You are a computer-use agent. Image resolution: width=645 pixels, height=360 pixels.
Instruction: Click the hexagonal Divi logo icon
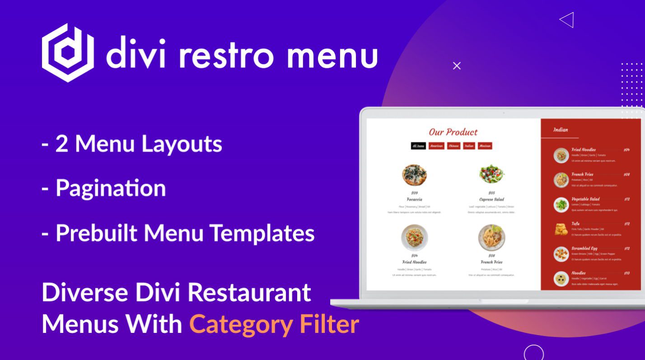point(68,53)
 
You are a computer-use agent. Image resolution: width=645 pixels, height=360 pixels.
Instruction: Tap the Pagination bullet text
point(110,188)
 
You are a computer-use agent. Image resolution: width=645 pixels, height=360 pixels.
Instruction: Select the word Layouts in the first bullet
point(182,144)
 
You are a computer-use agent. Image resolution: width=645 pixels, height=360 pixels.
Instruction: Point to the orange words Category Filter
point(274,324)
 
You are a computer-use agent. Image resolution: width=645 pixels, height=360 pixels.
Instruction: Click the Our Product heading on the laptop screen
point(453,132)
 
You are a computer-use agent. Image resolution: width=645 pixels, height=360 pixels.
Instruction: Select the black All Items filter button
point(418,146)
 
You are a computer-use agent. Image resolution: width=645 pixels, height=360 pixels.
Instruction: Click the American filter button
point(436,146)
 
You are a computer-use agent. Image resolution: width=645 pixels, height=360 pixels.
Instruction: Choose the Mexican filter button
point(485,146)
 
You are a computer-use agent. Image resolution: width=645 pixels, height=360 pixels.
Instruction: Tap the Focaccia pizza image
point(414,175)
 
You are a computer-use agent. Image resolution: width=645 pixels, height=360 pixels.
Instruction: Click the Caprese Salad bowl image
point(491,174)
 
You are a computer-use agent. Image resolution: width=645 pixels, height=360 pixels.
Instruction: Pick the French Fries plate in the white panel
point(491,237)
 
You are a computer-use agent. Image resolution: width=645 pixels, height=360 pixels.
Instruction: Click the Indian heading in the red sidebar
point(561,130)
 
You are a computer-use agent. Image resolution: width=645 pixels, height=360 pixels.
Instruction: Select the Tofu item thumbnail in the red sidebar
point(561,229)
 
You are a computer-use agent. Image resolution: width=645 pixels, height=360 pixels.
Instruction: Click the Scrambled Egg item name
point(584,248)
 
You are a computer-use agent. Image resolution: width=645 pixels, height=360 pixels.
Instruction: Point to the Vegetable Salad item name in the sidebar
point(585,199)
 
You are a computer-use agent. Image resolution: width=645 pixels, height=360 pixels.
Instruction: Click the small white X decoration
point(457,66)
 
